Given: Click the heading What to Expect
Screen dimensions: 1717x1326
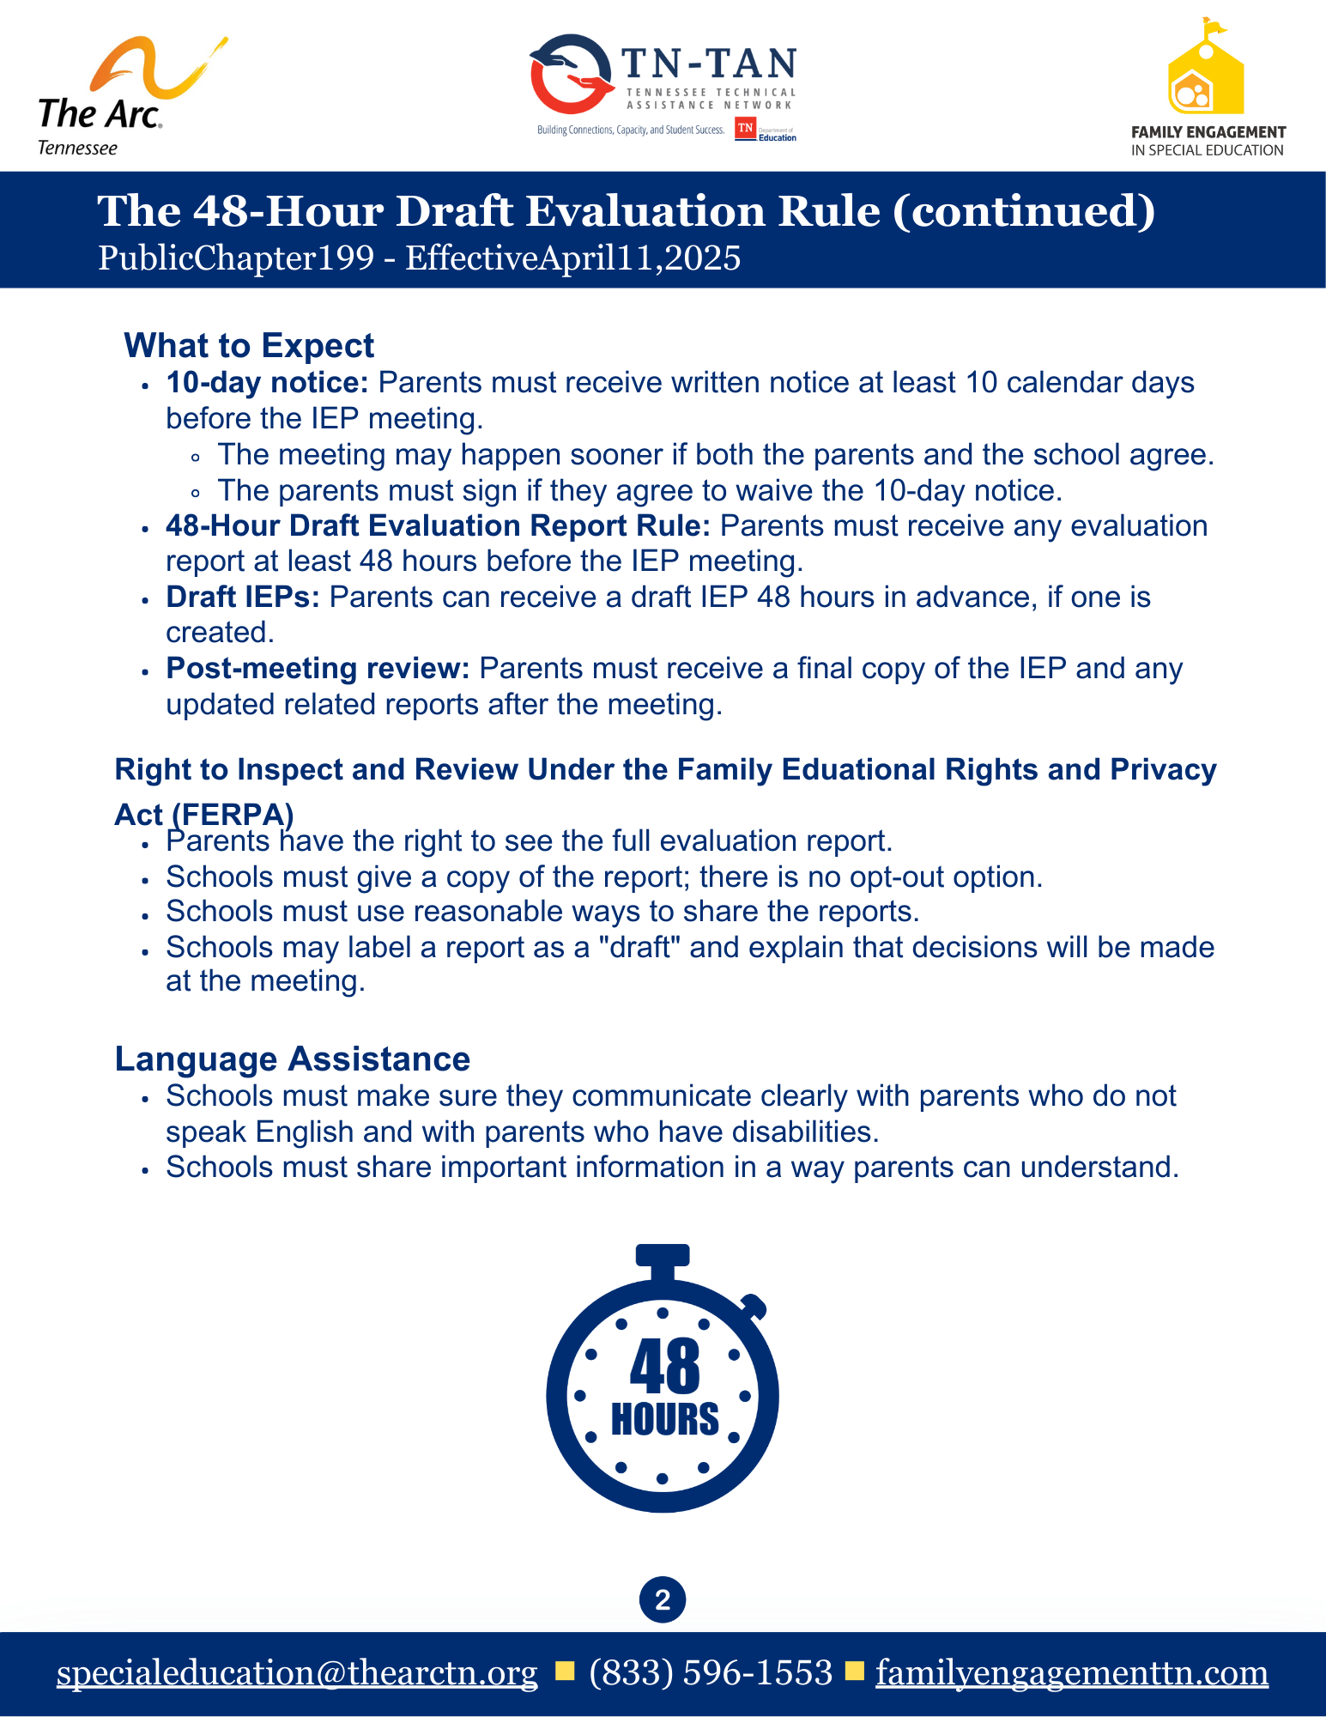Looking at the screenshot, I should click(249, 345).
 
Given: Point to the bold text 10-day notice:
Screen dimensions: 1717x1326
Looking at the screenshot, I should click(267, 382).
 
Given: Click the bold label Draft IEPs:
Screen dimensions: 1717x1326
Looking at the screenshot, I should click(243, 597).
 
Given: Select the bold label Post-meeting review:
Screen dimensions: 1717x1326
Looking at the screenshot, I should click(318, 668).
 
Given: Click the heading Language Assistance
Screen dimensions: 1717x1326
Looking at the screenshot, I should click(293, 1059).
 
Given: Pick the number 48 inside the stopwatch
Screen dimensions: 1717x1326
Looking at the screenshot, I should click(664, 1367).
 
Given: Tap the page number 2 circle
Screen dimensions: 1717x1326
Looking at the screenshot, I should click(663, 1600).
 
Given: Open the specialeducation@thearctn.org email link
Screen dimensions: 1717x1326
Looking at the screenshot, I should click(297, 1672).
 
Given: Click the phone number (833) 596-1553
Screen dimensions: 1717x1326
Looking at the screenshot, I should click(711, 1672).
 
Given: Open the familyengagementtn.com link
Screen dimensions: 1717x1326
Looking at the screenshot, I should click(1072, 1672).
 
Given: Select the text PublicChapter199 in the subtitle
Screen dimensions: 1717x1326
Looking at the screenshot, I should click(236, 258).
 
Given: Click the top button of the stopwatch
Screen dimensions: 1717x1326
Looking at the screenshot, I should click(663, 1255).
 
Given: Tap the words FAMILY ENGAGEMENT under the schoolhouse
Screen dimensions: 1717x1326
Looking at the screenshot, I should click(1208, 132).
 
